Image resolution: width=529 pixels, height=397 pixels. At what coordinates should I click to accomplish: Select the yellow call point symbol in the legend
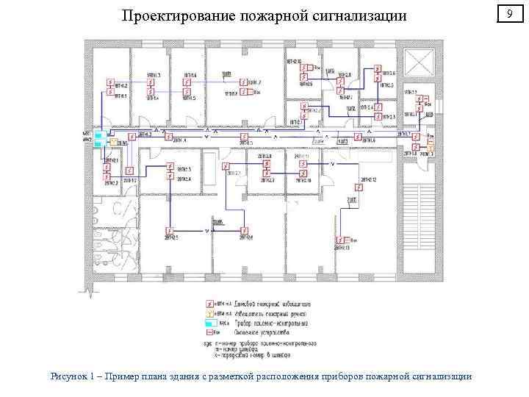click(209, 312)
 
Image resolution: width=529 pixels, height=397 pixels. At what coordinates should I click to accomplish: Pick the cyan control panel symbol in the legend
click(210, 322)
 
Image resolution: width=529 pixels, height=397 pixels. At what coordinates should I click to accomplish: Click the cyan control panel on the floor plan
click(98, 139)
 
